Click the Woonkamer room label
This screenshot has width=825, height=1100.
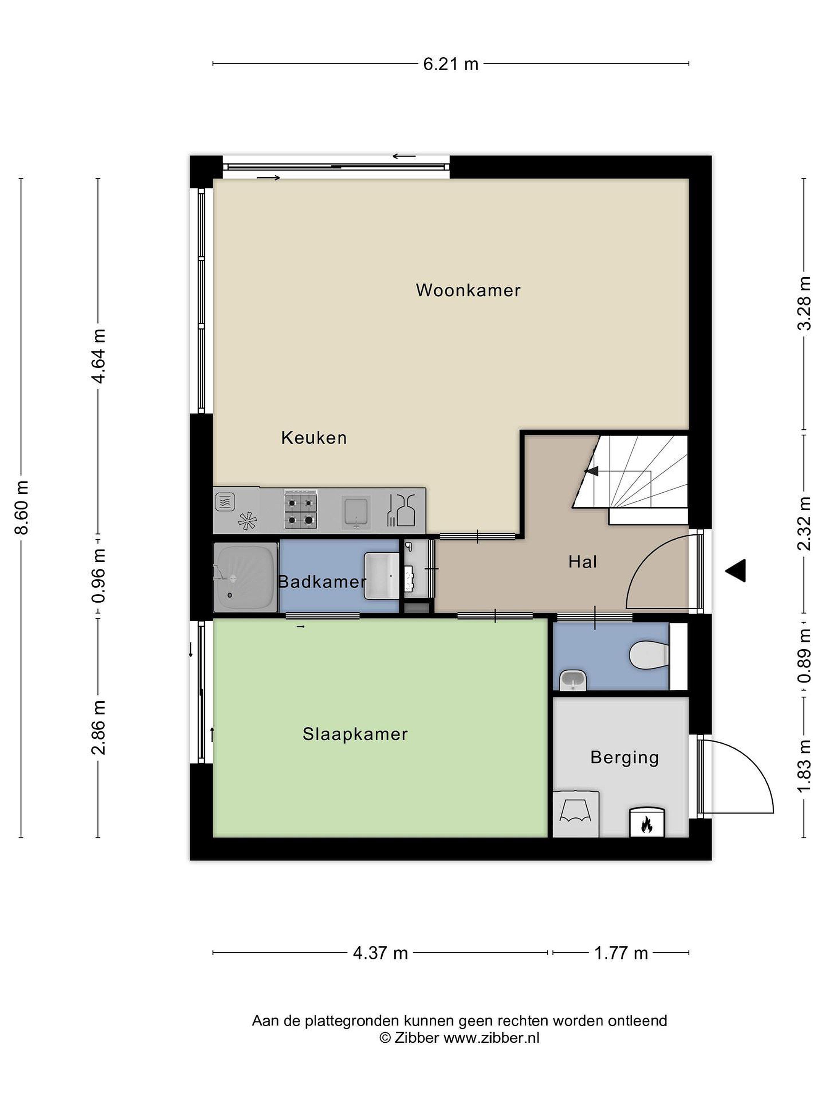pyautogui.click(x=468, y=290)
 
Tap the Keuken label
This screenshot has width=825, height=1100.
pyautogui.click(x=314, y=438)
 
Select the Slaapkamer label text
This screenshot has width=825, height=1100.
pyautogui.click(x=355, y=734)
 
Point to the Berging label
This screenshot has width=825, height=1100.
pyautogui.click(x=624, y=758)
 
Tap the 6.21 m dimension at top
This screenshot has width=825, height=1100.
pyautogui.click(x=451, y=64)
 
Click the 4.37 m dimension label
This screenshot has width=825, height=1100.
pyautogui.click(x=380, y=953)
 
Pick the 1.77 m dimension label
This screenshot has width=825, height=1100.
pyautogui.click(x=621, y=953)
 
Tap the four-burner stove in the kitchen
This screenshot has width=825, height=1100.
pyautogui.click(x=300, y=510)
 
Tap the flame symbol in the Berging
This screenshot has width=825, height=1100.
pyautogui.click(x=647, y=825)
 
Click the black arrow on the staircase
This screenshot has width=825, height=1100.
pyautogui.click(x=592, y=471)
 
